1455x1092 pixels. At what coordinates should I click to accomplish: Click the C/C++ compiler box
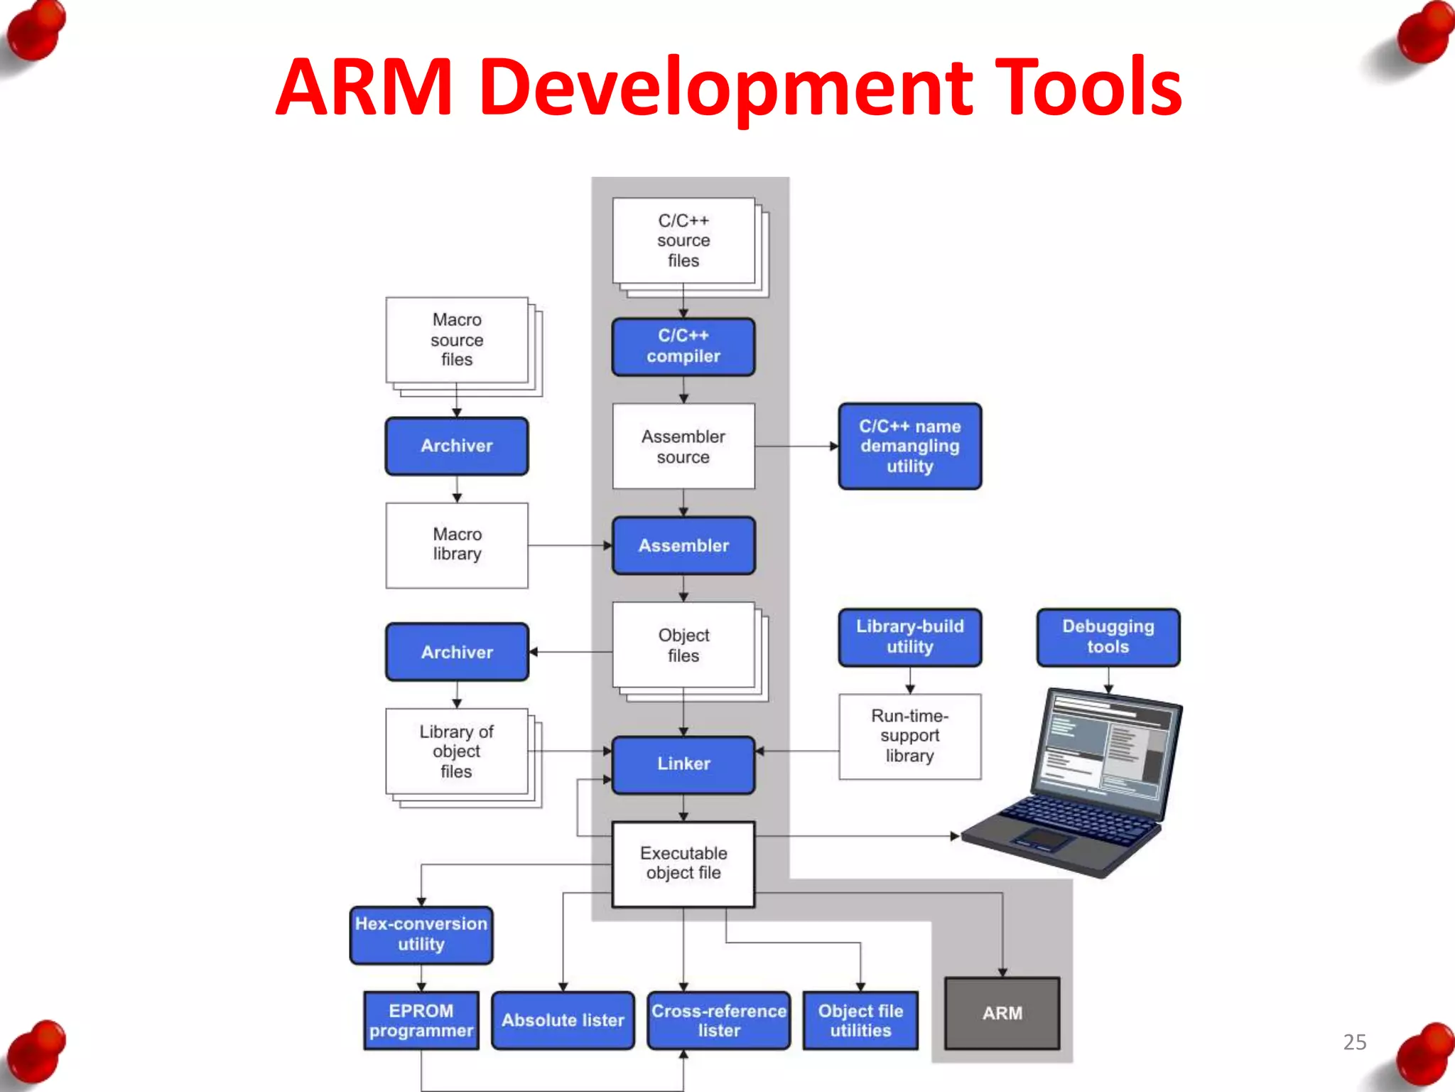683,346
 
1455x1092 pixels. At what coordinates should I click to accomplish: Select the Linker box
683,764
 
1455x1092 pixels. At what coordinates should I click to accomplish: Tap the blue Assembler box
683,545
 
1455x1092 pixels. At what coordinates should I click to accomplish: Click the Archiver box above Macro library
456,446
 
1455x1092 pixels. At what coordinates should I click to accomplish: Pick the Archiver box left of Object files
456,652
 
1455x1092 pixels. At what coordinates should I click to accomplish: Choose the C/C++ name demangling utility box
909,446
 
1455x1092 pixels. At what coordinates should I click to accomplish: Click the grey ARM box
1002,1013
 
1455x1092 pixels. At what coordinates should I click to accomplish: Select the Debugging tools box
1108,637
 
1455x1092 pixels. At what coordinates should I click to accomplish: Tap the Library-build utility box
909,637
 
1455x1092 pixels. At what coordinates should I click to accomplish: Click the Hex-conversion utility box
421,934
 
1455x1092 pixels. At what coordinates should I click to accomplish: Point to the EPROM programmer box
421,1020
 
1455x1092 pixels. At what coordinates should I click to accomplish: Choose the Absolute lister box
563,1020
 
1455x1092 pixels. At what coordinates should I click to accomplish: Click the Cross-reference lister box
718,1020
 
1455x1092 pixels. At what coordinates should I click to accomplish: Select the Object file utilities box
860,1020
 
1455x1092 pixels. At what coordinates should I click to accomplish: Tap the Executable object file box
683,863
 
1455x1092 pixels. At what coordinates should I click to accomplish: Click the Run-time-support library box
909,736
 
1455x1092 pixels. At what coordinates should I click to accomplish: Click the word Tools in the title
1087,87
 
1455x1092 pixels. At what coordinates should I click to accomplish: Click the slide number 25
1354,1042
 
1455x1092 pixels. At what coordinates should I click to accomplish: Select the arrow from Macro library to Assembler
568,545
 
